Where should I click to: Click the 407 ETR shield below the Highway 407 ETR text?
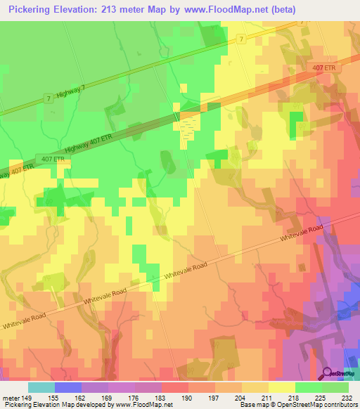pyautogui.click(x=43, y=158)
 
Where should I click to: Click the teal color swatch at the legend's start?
pyautogui.click(x=41, y=387)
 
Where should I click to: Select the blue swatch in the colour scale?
pyautogui.click(x=67, y=387)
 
